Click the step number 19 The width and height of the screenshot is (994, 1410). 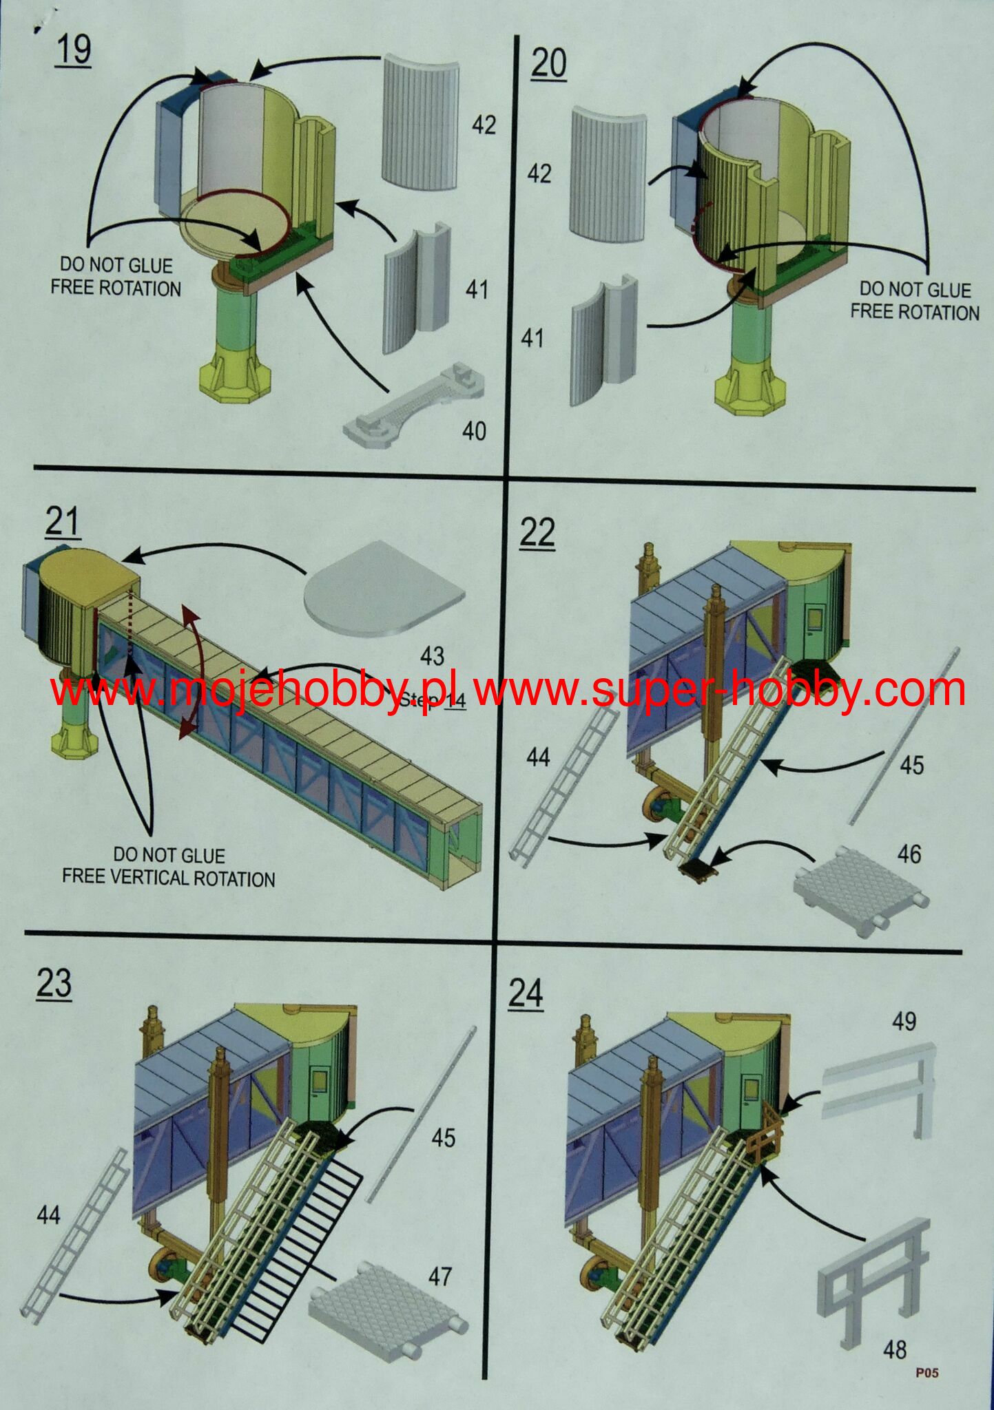(x=73, y=51)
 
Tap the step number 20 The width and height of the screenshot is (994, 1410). (x=549, y=64)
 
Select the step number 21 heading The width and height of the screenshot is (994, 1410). (x=63, y=522)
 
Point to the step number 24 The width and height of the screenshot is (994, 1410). (x=526, y=994)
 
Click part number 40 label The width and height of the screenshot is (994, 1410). (x=474, y=431)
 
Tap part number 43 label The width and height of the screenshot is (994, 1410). (x=432, y=656)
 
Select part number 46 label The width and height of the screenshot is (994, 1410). (x=909, y=854)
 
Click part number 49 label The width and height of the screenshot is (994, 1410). (x=904, y=1022)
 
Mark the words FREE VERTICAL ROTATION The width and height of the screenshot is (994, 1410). (x=169, y=878)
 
